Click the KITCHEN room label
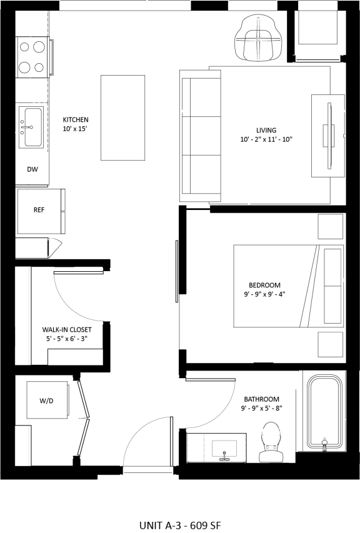[76, 119]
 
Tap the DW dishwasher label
[32, 169]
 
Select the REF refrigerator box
[41, 211]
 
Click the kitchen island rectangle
[122, 117]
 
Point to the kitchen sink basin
[34, 127]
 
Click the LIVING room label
[266, 130]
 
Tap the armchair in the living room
[258, 40]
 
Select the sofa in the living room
[200, 136]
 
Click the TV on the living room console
[329, 136]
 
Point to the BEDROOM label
[264, 285]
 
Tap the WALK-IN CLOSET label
[67, 329]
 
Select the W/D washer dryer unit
[47, 400]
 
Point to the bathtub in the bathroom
[324, 412]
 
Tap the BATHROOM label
[262, 399]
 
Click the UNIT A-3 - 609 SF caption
[180, 525]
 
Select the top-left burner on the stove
[24, 47]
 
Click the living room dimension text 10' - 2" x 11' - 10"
[266, 139]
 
